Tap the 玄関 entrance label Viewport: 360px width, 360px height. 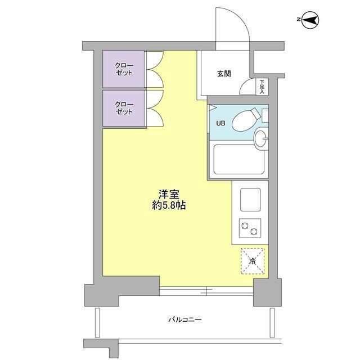click(224, 74)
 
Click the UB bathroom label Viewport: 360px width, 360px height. click(218, 124)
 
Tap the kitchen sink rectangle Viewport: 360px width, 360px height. click(250, 199)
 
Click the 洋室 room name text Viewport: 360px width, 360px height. click(168, 194)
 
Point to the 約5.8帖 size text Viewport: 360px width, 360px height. click(168, 206)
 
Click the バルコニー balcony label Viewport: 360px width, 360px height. click(184, 319)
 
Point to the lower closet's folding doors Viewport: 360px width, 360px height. click(154, 108)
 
